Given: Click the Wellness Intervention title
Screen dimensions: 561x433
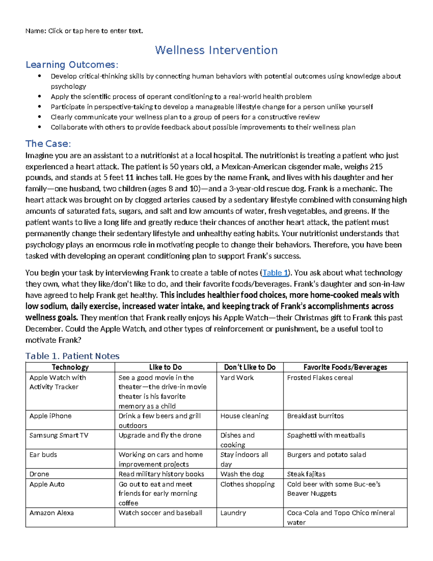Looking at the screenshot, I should (216, 50).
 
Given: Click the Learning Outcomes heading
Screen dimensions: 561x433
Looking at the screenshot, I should (71, 65).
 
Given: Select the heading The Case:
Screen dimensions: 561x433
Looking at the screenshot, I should (48, 144).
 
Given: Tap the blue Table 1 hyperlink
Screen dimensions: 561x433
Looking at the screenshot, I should (275, 273).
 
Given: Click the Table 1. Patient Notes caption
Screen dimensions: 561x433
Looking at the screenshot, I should (72, 356).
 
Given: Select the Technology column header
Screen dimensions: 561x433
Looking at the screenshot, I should (70, 367).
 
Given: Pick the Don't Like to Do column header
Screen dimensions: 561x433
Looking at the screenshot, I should (250, 367).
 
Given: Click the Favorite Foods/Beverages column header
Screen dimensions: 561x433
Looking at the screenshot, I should (345, 367).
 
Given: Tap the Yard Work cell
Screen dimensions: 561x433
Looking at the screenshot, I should (237, 378).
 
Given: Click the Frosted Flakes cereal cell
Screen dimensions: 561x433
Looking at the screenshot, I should (320, 378).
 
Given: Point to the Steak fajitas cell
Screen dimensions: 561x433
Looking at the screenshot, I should (306, 474).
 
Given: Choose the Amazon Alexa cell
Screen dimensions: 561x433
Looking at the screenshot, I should (52, 513).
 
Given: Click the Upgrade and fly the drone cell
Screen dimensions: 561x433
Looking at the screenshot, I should (160, 436).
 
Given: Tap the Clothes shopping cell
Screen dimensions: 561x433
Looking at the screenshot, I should (248, 484).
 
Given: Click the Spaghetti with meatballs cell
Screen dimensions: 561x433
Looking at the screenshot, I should (326, 436).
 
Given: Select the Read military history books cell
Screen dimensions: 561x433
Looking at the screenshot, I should (161, 474).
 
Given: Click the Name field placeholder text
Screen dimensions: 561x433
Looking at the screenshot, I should (96, 31).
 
